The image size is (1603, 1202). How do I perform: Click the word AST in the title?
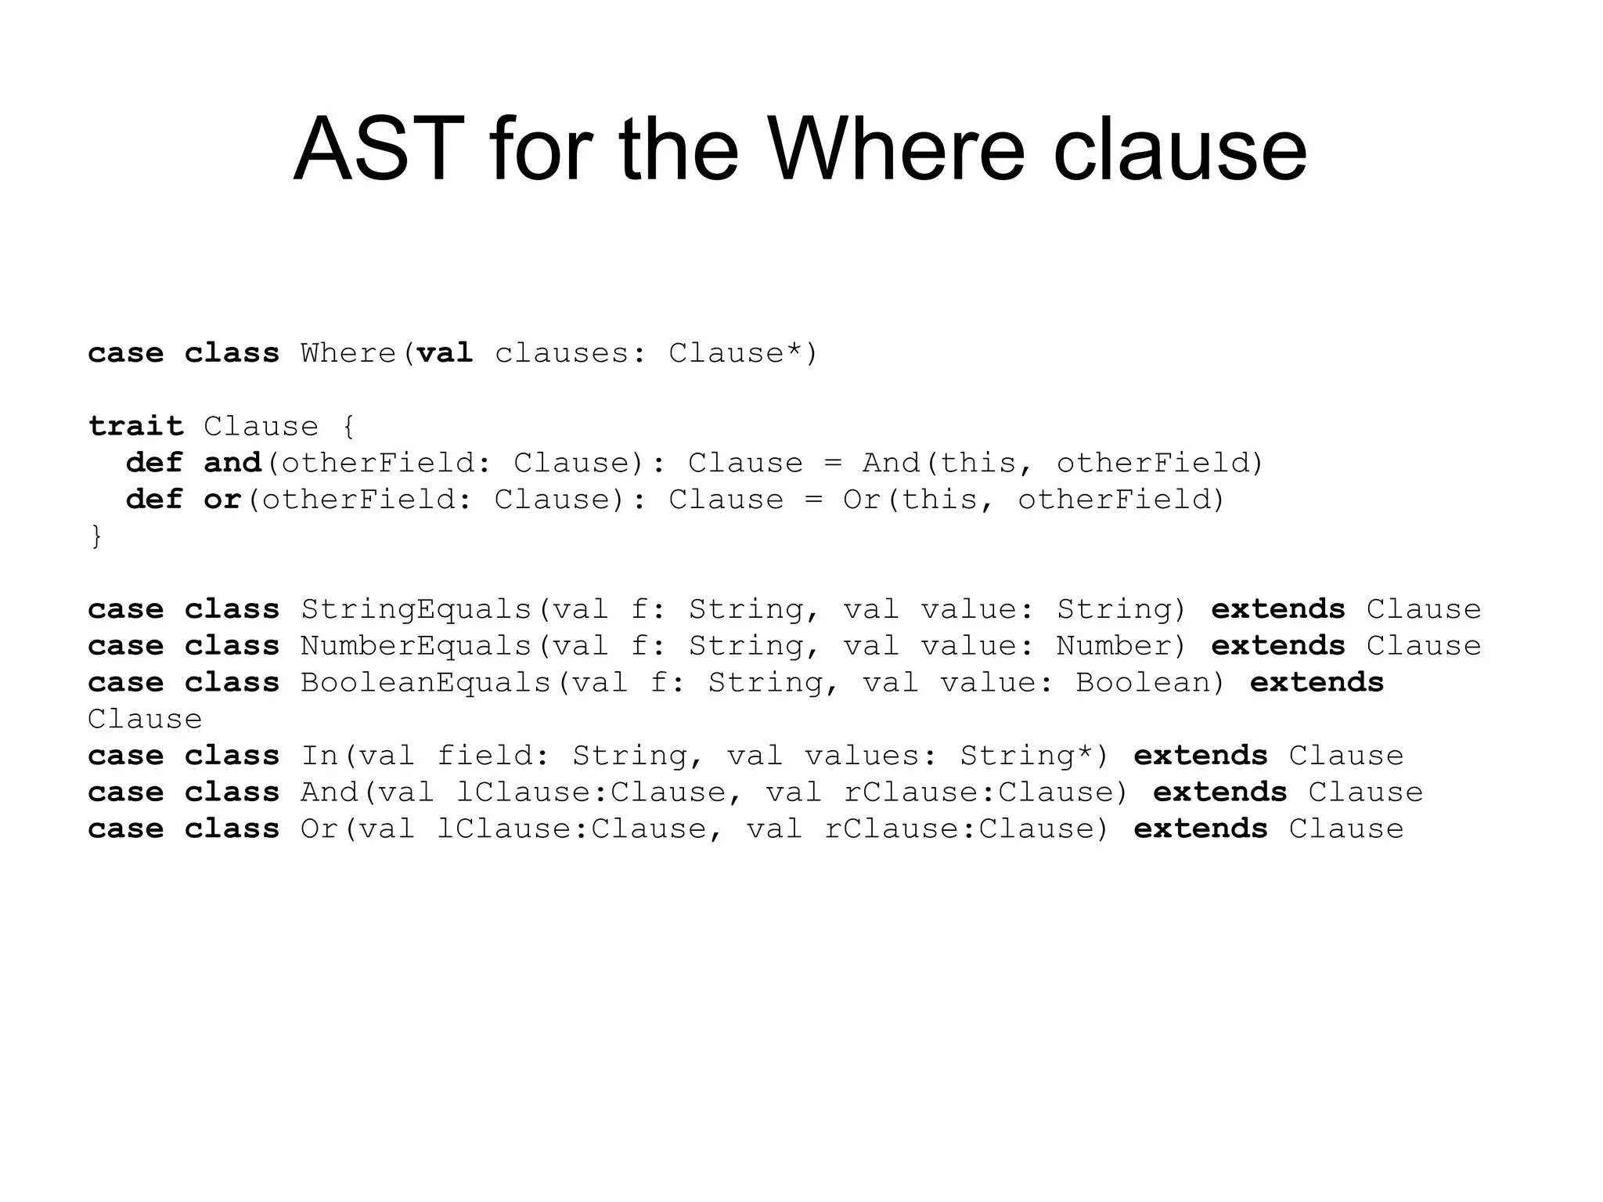379,149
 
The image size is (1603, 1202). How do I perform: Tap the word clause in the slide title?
1180,149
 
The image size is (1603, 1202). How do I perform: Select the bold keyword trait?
135,426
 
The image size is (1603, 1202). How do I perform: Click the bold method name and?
232,463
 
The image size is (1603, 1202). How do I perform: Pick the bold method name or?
222,500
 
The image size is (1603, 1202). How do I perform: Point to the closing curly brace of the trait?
96,536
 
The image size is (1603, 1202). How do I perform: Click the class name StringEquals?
416,609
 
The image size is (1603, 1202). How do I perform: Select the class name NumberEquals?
416,646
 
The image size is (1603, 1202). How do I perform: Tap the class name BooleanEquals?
426,683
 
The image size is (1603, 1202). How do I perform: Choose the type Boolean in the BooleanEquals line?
1143,683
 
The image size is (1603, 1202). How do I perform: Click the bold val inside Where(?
445,353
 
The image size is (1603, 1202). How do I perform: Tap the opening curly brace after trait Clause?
348,427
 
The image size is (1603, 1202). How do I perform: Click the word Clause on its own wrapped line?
145,719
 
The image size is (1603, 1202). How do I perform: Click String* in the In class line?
1026,756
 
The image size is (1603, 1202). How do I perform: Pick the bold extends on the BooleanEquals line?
1317,683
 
